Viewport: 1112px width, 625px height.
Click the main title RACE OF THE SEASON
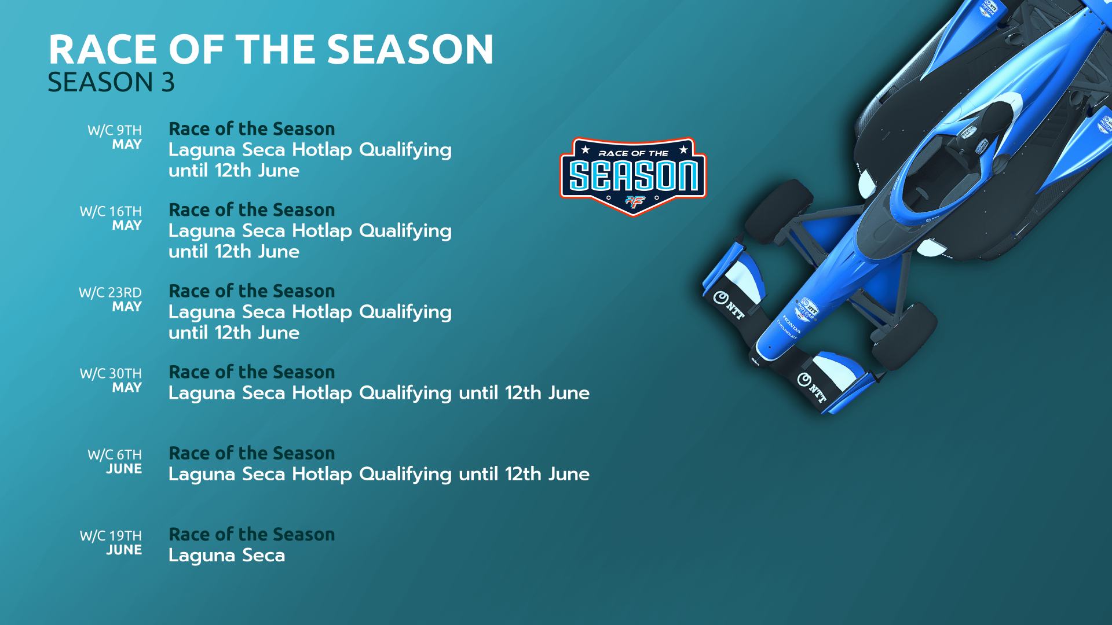[x=271, y=49]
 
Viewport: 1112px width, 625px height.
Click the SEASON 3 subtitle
[x=111, y=82]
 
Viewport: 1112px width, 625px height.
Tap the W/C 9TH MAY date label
[x=115, y=137]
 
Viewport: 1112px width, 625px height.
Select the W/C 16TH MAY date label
[x=111, y=218]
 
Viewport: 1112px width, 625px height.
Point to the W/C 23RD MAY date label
[x=110, y=299]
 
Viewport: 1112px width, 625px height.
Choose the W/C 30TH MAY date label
[x=111, y=380]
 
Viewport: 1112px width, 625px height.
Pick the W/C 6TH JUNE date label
[x=115, y=461]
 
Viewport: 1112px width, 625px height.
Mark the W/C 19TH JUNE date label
[x=111, y=542]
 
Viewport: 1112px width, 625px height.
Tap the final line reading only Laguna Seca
[x=226, y=556]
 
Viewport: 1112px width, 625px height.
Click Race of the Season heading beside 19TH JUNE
[x=252, y=534]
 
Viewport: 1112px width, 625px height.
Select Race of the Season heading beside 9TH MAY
[x=252, y=128]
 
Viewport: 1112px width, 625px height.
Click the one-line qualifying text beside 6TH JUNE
[x=379, y=475]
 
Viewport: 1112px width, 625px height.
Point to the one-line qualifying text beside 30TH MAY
[x=379, y=394]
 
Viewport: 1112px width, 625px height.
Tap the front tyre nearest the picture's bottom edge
[x=904, y=336]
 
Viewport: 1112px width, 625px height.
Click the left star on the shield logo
[x=586, y=150]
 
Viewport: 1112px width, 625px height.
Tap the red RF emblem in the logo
[x=634, y=201]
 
